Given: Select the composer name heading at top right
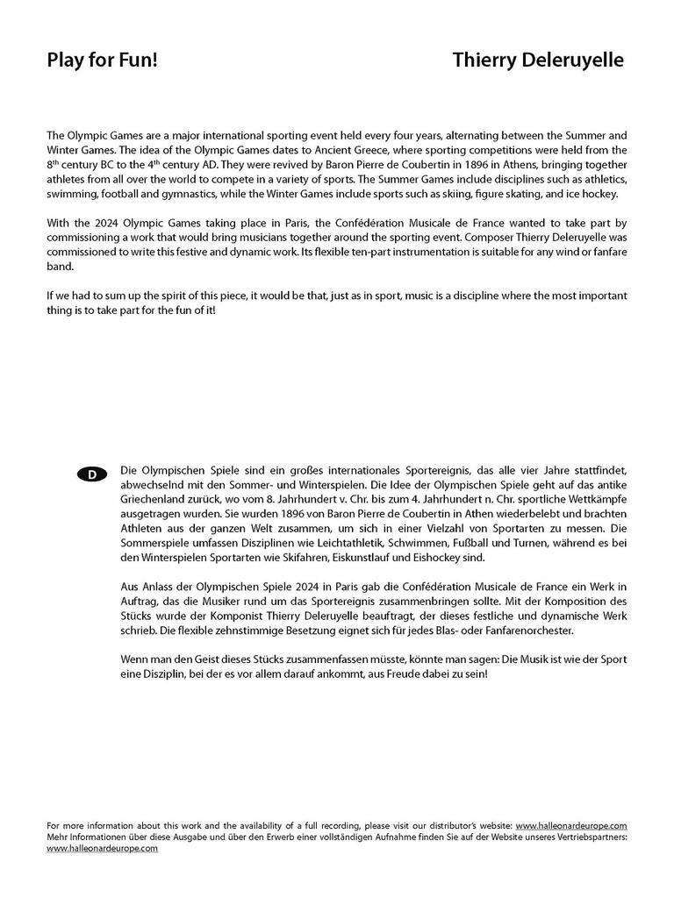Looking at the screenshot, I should [x=538, y=61].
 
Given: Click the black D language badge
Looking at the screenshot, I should [x=92, y=474].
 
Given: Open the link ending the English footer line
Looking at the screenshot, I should [x=571, y=825].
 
